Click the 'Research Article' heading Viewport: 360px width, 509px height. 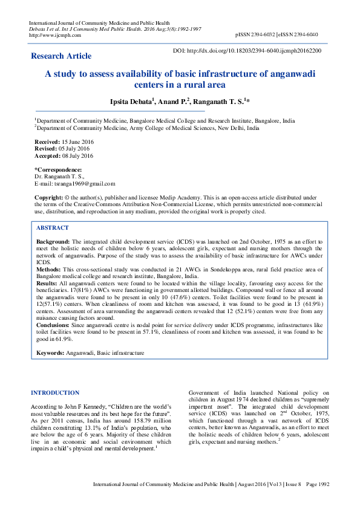(61, 56)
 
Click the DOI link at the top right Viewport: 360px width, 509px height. (247, 51)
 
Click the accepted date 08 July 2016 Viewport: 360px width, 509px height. (77, 155)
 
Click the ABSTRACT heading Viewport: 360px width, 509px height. (53, 228)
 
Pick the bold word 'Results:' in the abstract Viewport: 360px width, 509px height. (47, 284)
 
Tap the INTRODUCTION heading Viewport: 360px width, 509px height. (55, 393)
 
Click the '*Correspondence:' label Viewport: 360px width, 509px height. (58, 170)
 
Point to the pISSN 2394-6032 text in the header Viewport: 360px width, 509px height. (260, 35)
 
